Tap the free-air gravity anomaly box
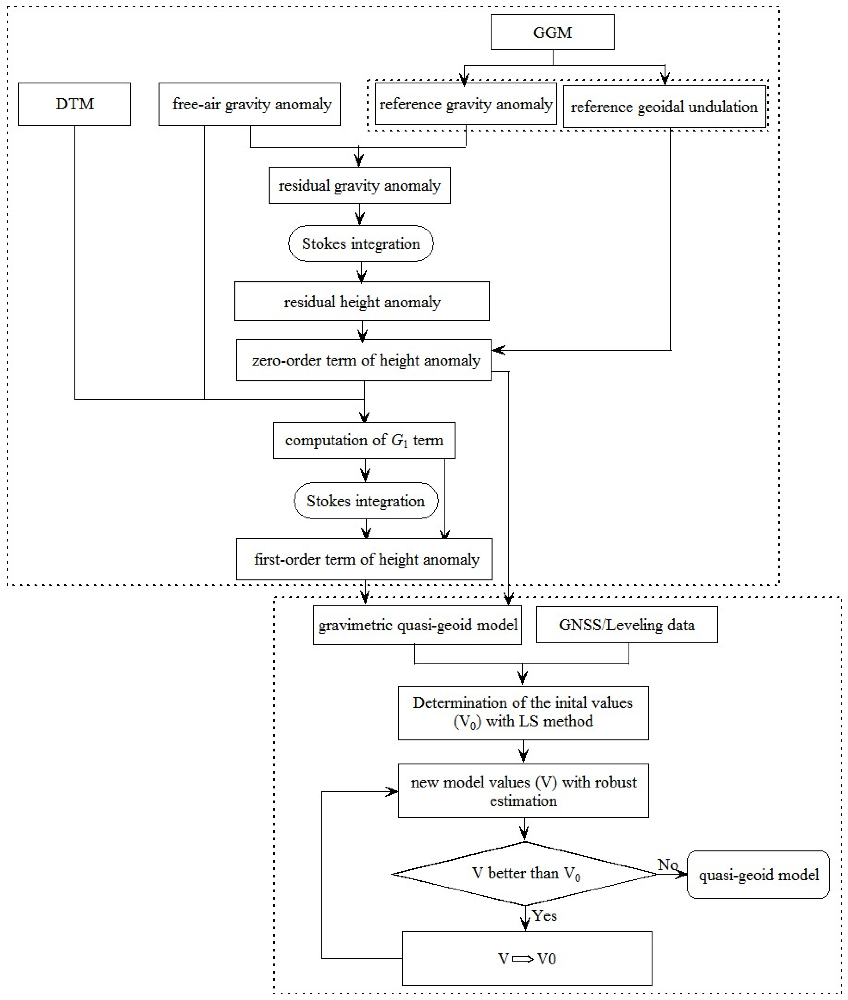[250, 104]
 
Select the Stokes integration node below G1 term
[366, 501]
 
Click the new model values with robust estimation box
[523, 791]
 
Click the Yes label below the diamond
[545, 916]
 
